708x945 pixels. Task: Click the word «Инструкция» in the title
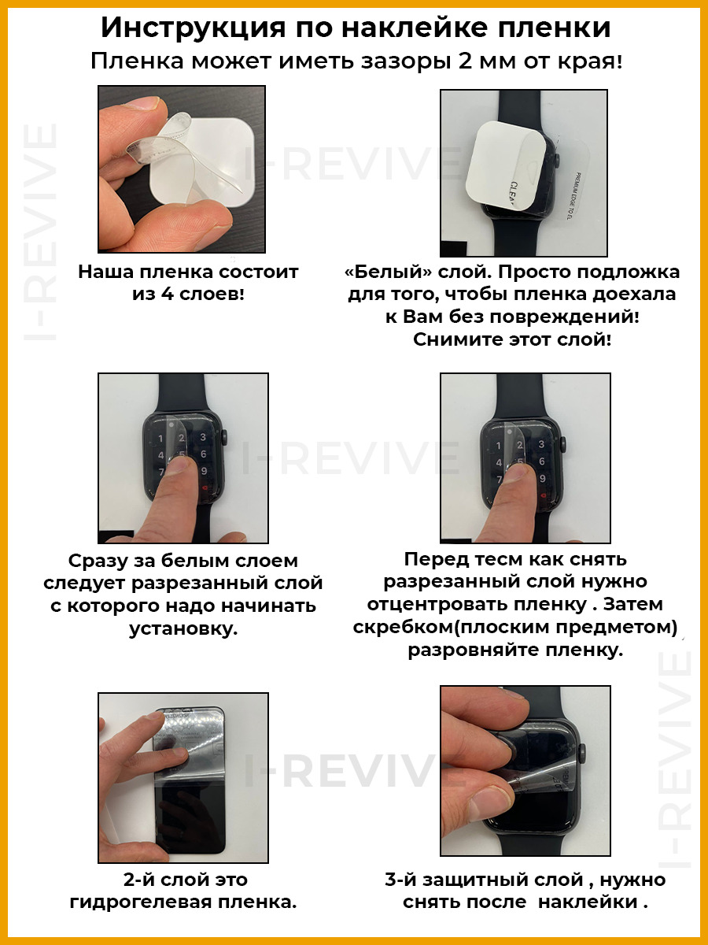point(194,29)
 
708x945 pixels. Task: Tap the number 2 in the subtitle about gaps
point(466,61)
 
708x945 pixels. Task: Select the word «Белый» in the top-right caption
point(390,272)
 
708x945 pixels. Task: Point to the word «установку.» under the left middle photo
point(183,629)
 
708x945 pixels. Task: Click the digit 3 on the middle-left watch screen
point(203,437)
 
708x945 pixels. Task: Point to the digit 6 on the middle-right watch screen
point(542,461)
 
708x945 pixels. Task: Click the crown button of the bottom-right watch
point(582,750)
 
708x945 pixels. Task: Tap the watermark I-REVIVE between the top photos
point(352,164)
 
